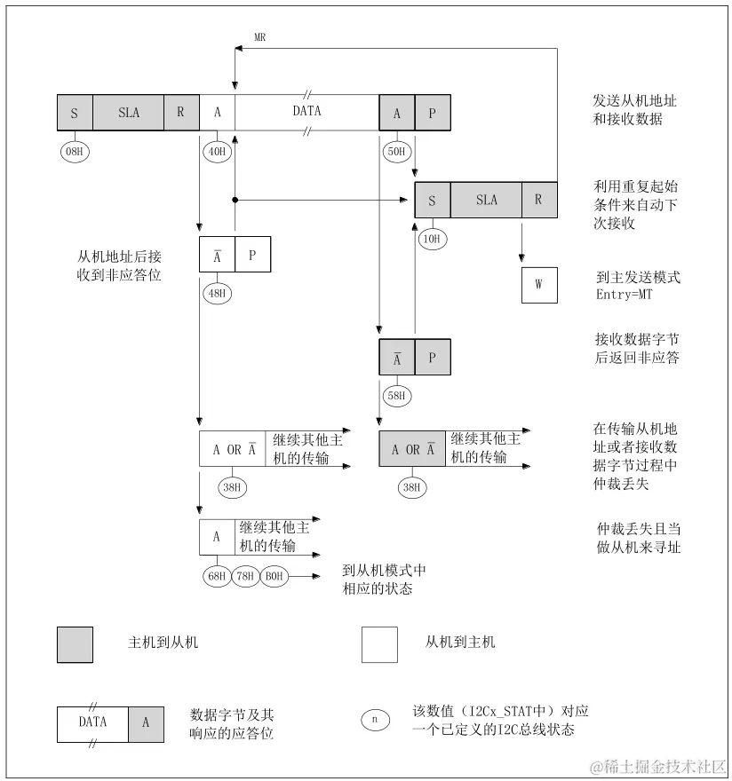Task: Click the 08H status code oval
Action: point(75,150)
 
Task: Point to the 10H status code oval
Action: point(433,238)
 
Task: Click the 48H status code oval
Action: point(217,292)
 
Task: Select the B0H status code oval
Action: point(274,576)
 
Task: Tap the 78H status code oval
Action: point(246,576)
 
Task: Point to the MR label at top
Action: point(260,37)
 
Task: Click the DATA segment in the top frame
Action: point(306,113)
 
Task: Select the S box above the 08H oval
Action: point(75,113)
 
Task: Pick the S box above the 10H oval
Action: point(433,200)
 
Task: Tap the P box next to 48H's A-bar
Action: point(252,254)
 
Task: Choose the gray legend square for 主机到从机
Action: point(75,644)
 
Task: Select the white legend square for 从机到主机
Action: point(379,644)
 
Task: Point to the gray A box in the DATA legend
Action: point(146,724)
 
